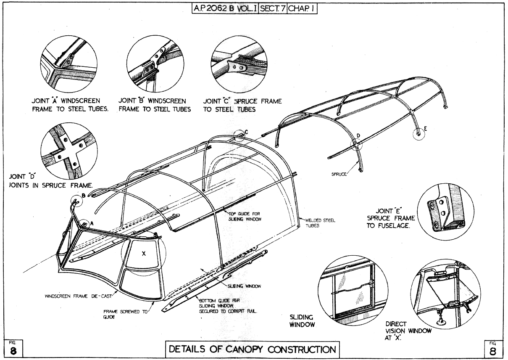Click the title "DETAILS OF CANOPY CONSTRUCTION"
point(253,349)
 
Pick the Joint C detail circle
point(238,65)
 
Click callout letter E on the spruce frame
point(425,130)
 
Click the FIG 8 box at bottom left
point(12,348)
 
